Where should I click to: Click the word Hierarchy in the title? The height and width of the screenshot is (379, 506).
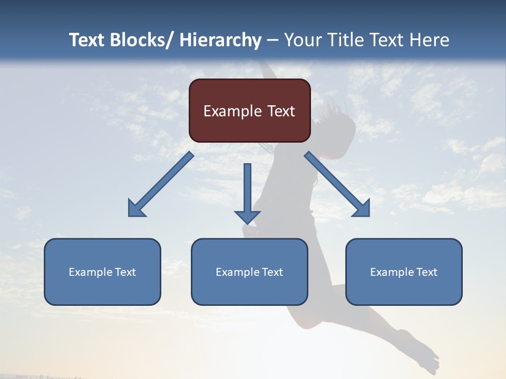click(220, 40)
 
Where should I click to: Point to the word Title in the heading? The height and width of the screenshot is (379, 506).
click(344, 40)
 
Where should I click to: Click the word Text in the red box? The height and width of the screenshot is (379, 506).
click(280, 111)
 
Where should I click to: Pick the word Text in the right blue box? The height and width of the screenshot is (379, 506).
click(427, 272)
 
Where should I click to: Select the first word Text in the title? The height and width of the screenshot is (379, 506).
click(86, 40)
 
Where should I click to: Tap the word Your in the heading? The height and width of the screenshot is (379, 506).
click(303, 40)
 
